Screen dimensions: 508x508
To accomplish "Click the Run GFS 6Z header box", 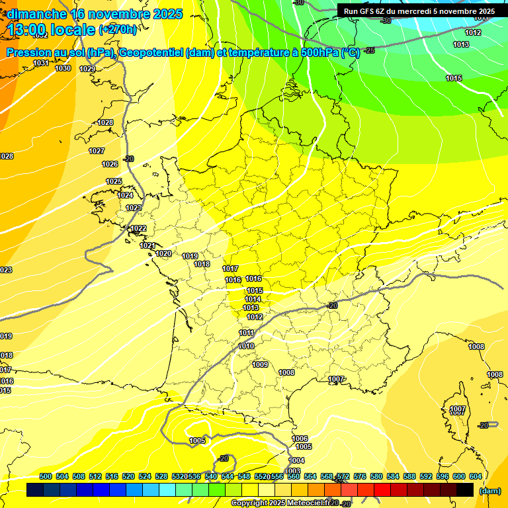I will point(419,11).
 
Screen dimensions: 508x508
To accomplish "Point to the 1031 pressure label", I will point(41,63).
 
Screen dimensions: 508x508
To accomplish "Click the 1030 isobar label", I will point(63,68).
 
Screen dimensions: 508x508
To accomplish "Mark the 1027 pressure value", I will point(97,151).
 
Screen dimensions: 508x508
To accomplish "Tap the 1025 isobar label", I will point(114,181).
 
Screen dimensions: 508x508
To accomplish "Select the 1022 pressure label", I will point(138,229).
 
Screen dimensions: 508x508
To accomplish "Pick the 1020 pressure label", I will point(163,253).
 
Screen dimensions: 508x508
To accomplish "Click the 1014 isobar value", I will point(253,299).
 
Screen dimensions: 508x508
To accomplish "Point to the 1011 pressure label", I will point(247,333).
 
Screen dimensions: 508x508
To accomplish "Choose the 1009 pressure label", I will point(260,364).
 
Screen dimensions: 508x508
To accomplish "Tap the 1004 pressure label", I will point(297,460).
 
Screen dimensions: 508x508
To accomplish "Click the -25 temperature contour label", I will point(370,50).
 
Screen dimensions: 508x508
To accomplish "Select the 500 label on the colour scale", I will point(46,476).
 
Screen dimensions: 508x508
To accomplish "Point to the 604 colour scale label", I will point(475,476).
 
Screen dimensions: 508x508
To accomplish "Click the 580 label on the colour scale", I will point(376,476).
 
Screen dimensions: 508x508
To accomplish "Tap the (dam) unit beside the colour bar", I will point(489,491).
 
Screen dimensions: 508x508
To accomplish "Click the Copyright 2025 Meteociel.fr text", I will point(281,503).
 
